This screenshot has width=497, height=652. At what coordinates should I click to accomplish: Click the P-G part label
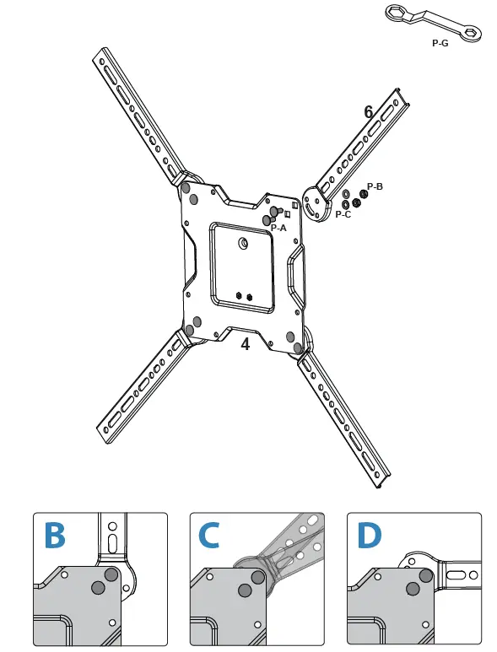pos(439,43)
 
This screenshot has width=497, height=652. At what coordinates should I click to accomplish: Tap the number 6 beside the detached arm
pos(368,112)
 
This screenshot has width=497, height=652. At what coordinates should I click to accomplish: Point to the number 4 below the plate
pos(246,344)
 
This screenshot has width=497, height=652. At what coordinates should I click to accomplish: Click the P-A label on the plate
pos(279,228)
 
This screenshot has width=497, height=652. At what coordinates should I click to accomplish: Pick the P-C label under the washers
pos(343,214)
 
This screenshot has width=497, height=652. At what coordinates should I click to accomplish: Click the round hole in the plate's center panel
pos(243,244)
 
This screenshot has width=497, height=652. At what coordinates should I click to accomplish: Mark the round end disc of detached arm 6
pos(318,202)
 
